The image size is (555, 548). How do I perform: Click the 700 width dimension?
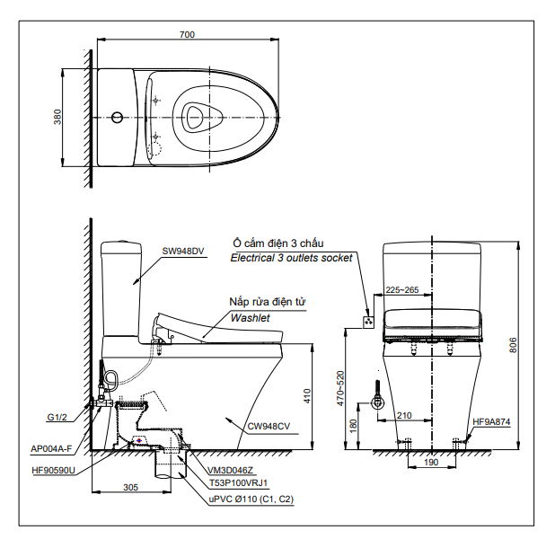pyautogui.click(x=187, y=34)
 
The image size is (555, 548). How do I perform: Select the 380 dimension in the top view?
pyautogui.click(x=57, y=117)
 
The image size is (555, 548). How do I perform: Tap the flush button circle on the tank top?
pyautogui.click(x=117, y=117)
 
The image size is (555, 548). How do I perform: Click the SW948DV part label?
pyautogui.click(x=183, y=251)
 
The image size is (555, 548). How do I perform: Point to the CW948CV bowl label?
pyautogui.click(x=269, y=426)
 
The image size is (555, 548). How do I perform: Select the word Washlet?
pyautogui.click(x=250, y=318)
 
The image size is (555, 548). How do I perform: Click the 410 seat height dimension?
pyautogui.click(x=307, y=396)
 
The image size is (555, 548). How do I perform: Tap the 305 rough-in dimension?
pyautogui.click(x=130, y=488)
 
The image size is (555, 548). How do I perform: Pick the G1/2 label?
pyautogui.click(x=57, y=418)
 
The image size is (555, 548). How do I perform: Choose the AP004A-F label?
pyautogui.click(x=51, y=449)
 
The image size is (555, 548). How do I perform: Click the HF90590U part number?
pyautogui.click(x=54, y=471)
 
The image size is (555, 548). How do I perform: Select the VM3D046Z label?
pyautogui.click(x=230, y=470)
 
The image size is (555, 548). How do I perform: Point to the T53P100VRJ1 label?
pyautogui.click(x=239, y=482)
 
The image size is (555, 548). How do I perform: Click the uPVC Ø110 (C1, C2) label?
pyautogui.click(x=251, y=499)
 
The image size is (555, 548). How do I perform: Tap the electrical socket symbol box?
pyautogui.click(x=368, y=323)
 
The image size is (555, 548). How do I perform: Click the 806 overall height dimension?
pyautogui.click(x=513, y=345)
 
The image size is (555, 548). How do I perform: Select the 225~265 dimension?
pyautogui.click(x=402, y=290)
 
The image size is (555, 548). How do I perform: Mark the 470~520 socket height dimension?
pyautogui.click(x=340, y=388)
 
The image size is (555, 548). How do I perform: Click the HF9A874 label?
pyautogui.click(x=491, y=421)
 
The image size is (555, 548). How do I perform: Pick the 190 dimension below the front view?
pyautogui.click(x=431, y=463)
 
